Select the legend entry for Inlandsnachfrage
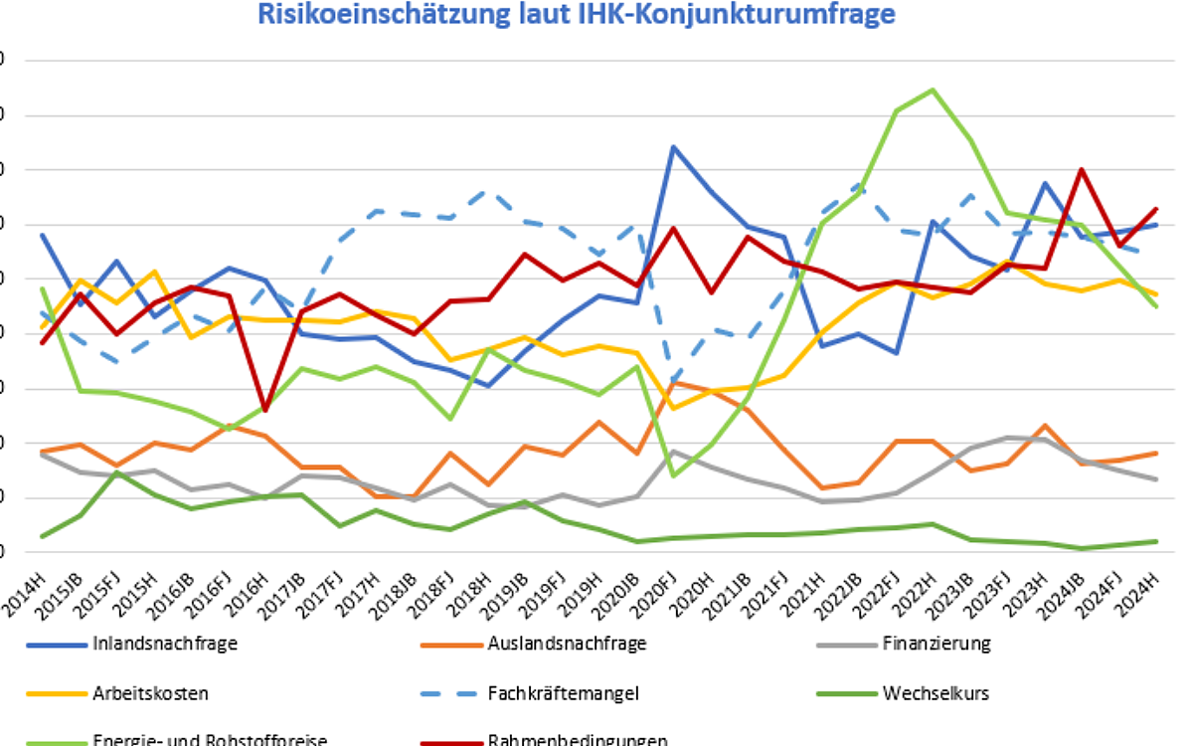(x=164, y=644)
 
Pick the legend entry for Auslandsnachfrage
(x=567, y=644)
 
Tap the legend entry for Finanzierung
(x=936, y=644)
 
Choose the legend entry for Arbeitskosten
(x=150, y=693)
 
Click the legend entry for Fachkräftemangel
(x=563, y=693)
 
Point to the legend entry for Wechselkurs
(x=936, y=693)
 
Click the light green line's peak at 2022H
(x=932, y=91)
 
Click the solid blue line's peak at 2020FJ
(x=674, y=147)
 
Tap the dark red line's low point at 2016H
(x=265, y=410)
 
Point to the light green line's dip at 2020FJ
(x=674, y=475)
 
